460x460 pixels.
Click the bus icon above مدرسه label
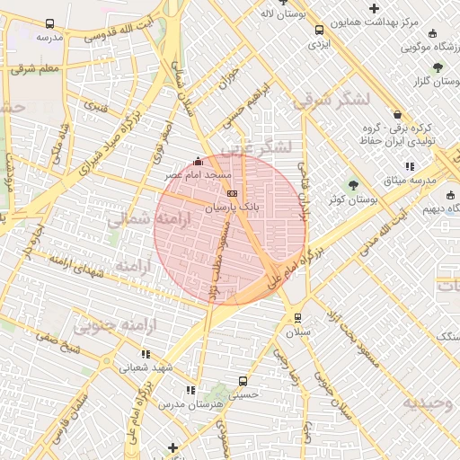(48, 24)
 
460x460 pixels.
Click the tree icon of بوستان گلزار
(437, 67)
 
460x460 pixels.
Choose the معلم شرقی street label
(36, 67)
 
